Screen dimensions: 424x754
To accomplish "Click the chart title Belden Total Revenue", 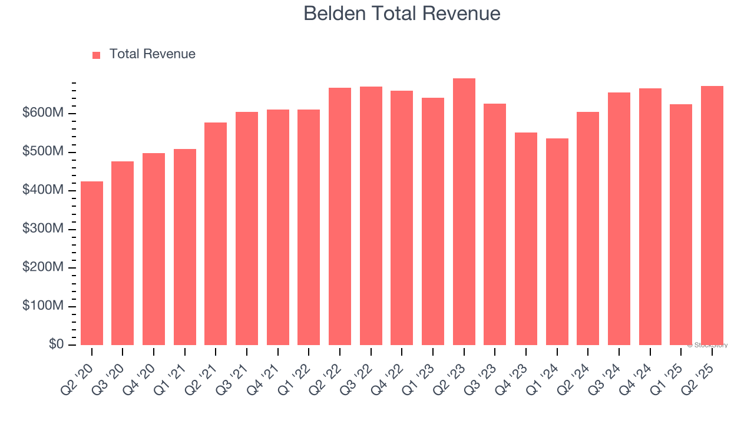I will point(402,13).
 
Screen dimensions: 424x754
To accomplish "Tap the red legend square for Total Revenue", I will point(97,55).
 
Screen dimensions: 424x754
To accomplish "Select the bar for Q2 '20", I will point(92,263).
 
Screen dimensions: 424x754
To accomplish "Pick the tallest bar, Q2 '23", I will point(464,212).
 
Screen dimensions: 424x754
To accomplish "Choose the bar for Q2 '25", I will point(712,216).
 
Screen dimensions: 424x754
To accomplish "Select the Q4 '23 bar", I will point(526,238).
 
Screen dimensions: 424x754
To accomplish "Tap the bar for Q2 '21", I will point(216,234).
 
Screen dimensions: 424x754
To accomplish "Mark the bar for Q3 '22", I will point(371,216).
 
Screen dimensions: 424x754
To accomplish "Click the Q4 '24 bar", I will point(650,217).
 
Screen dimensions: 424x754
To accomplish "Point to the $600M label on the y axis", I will point(42,113).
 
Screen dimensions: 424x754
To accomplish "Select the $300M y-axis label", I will point(42,229).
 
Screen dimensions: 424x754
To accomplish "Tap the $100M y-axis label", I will point(42,306).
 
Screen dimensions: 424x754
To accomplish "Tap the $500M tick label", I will point(42,152).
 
